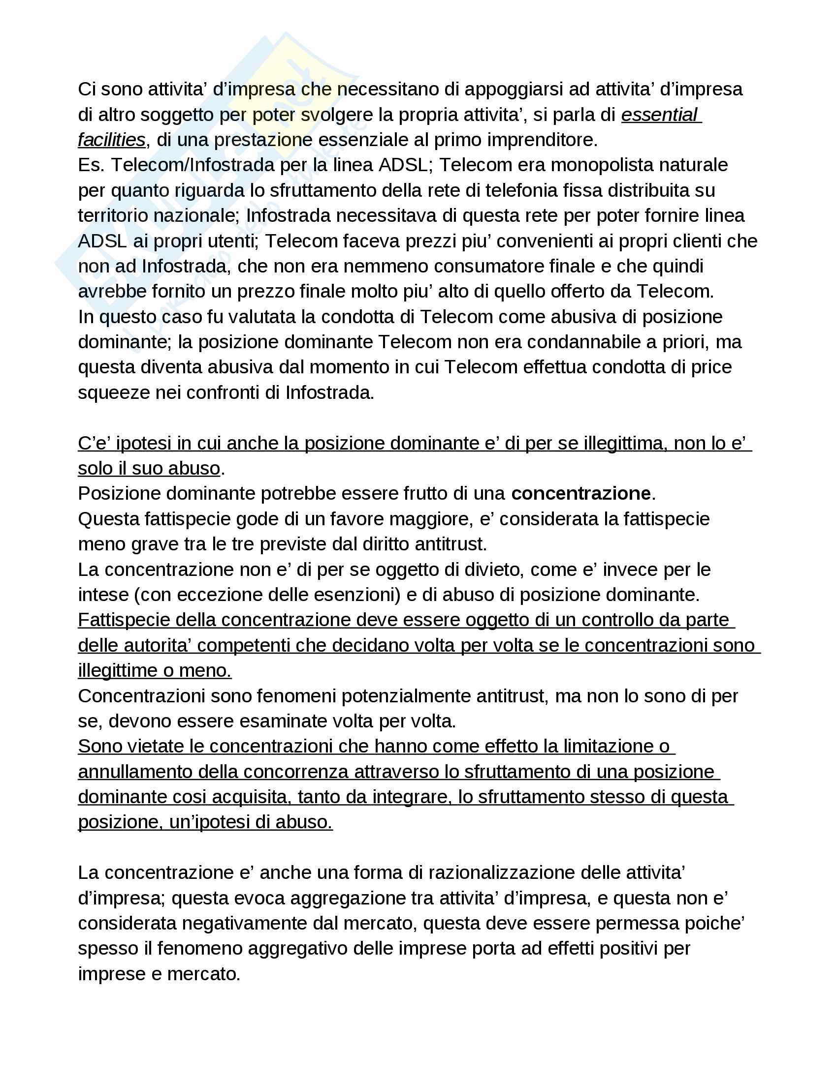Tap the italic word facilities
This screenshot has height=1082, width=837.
click(112, 140)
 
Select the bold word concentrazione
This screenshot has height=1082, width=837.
click(580, 494)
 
